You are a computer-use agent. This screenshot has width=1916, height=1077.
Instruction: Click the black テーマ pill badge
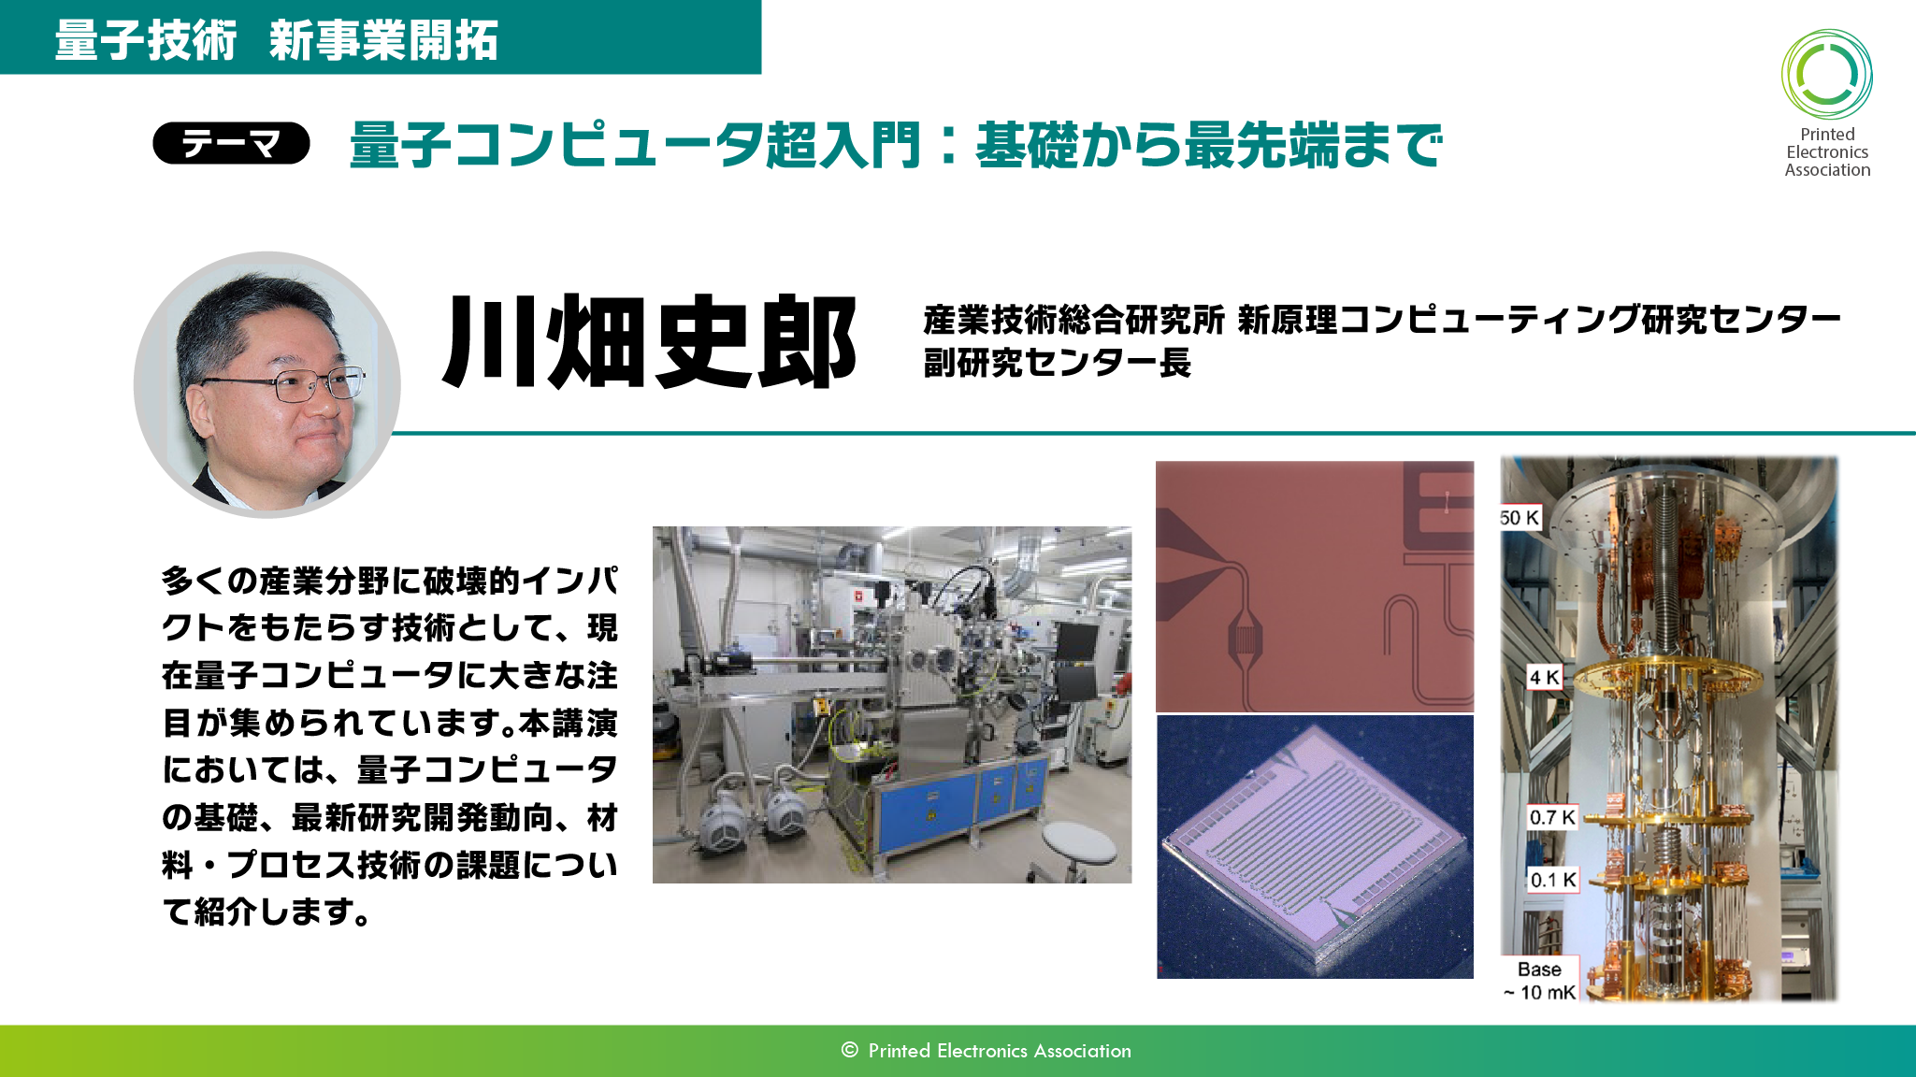(231, 143)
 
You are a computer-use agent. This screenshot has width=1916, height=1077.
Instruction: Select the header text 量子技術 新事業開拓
(276, 40)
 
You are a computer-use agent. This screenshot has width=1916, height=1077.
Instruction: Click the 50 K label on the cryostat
(1520, 517)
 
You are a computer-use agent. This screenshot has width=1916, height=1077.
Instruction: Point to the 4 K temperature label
(1545, 677)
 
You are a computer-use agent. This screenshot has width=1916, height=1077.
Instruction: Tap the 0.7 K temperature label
(1553, 817)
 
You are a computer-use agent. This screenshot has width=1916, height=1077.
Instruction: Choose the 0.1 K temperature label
(1553, 880)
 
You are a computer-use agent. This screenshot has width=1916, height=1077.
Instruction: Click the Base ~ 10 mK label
(1539, 981)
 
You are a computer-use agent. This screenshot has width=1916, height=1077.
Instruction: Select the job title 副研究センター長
(1057, 363)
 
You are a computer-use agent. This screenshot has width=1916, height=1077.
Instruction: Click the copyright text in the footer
(986, 1051)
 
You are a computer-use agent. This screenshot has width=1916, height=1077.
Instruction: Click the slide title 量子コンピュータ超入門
(635, 146)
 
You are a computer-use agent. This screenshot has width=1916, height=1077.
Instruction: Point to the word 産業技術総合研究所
(1073, 320)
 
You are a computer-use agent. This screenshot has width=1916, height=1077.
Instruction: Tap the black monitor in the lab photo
(1077, 642)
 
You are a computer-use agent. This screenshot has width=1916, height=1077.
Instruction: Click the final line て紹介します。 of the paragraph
(268, 911)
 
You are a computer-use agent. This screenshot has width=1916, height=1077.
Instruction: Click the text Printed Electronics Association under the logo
(1827, 152)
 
